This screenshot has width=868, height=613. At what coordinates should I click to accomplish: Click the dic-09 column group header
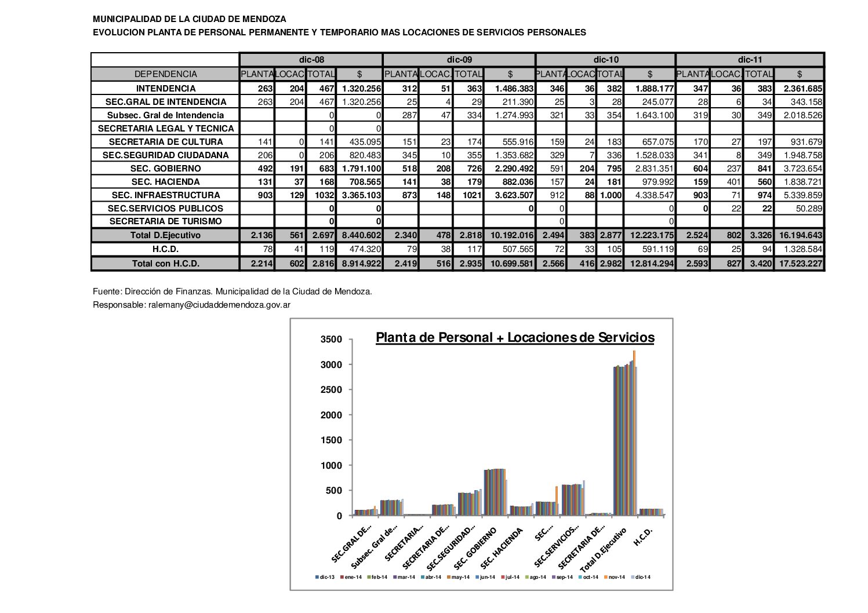click(x=459, y=60)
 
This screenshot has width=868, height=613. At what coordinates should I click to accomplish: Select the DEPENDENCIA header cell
click(x=165, y=74)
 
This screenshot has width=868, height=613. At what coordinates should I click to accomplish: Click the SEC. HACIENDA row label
click(x=165, y=182)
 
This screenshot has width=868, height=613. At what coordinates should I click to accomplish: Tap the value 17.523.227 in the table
click(x=799, y=264)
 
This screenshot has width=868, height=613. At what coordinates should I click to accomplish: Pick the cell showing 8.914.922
click(x=359, y=264)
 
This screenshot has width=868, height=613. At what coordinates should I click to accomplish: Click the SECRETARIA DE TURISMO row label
click(x=165, y=221)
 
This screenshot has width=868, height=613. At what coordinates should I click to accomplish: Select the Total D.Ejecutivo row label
click(x=165, y=235)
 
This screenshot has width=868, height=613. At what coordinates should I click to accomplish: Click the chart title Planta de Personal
click(x=515, y=338)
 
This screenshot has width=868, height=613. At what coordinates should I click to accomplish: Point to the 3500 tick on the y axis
click(x=332, y=340)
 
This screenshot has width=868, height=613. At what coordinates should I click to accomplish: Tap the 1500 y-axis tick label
click(x=332, y=440)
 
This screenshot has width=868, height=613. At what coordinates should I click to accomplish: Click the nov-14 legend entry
click(x=616, y=577)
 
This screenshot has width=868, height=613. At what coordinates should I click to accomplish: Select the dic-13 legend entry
click(x=325, y=577)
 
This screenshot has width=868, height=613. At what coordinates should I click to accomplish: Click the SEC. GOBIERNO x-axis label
click(x=475, y=548)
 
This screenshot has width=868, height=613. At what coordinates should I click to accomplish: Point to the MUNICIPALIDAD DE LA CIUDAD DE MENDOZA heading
click(x=189, y=19)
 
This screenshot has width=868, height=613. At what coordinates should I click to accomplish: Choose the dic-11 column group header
click(x=749, y=60)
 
